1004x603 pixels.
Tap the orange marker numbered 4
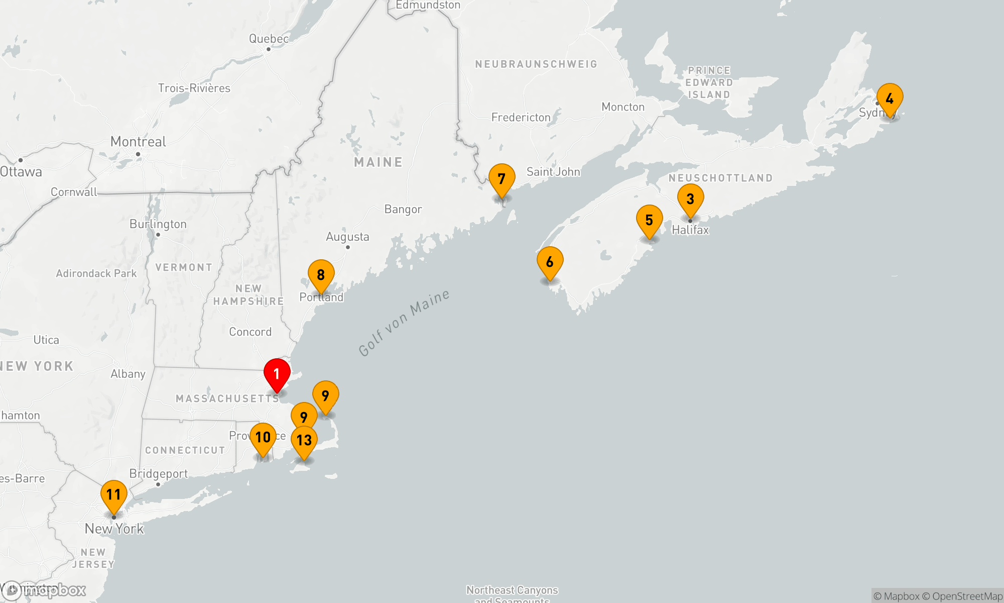tap(890, 98)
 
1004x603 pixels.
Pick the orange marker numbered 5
tap(649, 220)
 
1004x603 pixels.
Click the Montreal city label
tap(138, 142)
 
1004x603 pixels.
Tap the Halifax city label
tap(690, 230)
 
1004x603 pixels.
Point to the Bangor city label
tap(403, 209)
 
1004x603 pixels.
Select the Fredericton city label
tap(521, 117)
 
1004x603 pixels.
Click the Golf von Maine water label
tap(404, 323)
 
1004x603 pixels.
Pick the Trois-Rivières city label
tap(194, 88)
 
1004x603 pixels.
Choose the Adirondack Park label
tap(96, 273)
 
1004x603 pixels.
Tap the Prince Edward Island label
tap(709, 82)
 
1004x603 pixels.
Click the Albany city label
tap(128, 374)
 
